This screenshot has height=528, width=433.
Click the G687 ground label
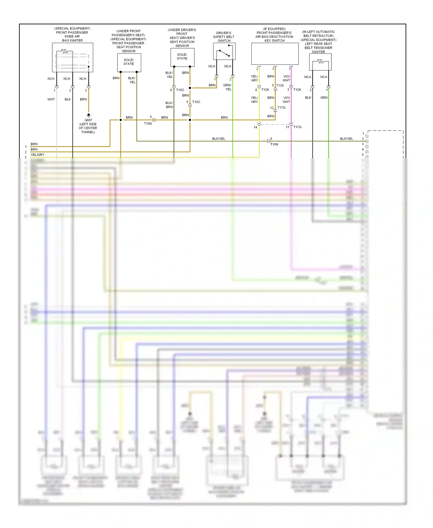click(x=88, y=120)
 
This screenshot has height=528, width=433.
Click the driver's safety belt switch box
click(x=224, y=51)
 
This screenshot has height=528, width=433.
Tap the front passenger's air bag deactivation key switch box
click(x=275, y=54)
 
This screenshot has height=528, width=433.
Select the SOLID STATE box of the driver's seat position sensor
click(x=182, y=57)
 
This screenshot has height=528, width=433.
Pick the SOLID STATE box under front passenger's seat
click(x=129, y=62)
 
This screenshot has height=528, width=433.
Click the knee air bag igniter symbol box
click(x=72, y=57)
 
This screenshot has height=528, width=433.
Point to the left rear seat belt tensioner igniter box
click(x=320, y=62)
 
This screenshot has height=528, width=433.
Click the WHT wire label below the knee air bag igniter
click(x=51, y=99)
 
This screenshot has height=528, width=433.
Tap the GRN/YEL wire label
click(x=227, y=87)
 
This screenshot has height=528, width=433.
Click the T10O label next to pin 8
click(x=180, y=90)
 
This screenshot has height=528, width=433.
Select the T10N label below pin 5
click(x=148, y=124)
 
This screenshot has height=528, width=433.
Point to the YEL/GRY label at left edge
click(x=38, y=155)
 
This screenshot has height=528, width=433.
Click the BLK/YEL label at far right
click(x=346, y=139)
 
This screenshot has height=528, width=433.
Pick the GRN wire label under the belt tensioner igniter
click(x=324, y=98)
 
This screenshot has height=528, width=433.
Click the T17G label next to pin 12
click(x=281, y=108)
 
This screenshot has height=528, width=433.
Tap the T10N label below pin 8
click(x=274, y=144)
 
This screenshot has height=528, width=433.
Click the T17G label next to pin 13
click(x=297, y=127)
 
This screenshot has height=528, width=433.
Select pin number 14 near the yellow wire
click(x=255, y=127)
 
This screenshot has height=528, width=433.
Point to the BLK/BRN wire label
click(x=169, y=105)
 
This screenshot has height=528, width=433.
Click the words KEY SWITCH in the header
click(x=275, y=41)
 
